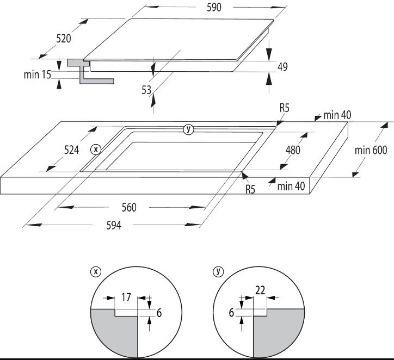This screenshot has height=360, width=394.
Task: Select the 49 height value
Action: click(282, 67)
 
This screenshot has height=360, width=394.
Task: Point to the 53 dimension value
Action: click(146, 91)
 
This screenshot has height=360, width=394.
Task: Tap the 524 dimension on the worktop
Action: click(71, 150)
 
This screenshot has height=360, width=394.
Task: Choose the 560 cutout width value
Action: click(128, 207)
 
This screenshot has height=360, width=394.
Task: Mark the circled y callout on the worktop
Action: click(188, 129)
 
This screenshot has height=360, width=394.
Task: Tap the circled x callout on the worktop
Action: click(96, 148)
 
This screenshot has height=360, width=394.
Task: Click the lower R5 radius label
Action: click(250, 189)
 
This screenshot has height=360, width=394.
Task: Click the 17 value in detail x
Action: click(126, 297)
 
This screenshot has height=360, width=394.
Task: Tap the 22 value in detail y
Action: click(261, 290)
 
